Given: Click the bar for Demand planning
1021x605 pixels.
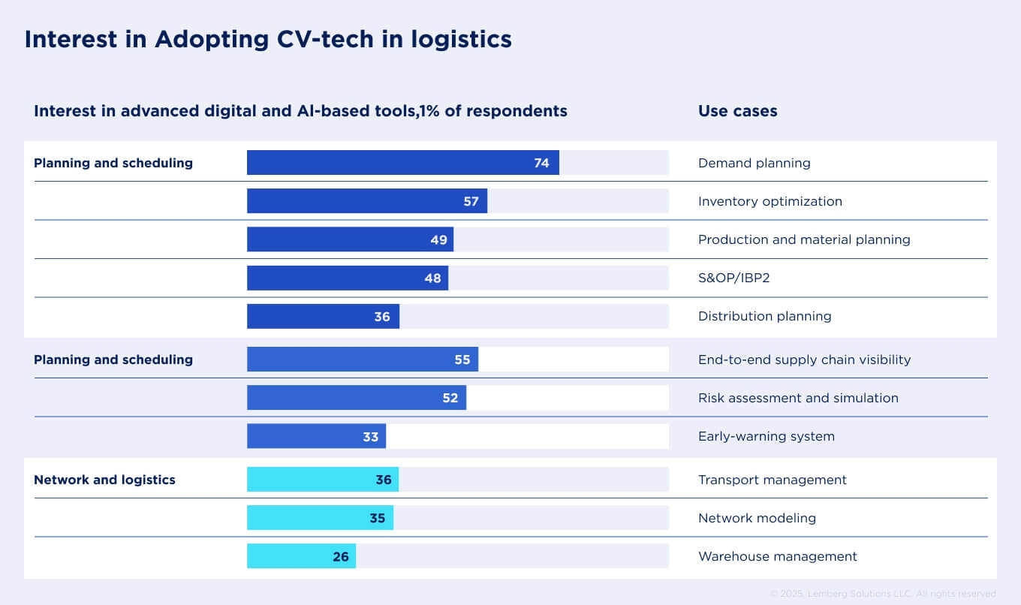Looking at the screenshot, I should coord(402,163).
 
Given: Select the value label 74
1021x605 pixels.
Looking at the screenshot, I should coord(541,163).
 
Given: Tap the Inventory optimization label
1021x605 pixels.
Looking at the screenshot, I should coord(770,201).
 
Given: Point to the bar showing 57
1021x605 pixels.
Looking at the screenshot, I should coord(366,201).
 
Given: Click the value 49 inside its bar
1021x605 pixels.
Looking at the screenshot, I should coord(438,239).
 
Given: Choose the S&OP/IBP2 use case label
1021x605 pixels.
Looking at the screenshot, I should coord(733,278).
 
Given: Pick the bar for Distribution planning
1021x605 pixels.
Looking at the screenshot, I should coord(323,316).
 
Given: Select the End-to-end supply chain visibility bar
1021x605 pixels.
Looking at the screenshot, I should coord(362,360).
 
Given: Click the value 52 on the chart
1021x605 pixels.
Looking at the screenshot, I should coord(450,398).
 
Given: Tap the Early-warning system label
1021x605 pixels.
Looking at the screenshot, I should coord(766,436).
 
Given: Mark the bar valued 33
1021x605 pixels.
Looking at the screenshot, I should coord(316,436).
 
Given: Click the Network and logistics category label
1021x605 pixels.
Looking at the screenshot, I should coord(104,480).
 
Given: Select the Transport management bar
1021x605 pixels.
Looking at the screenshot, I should coord(322,480).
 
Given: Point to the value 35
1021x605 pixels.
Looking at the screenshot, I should coord(377,518).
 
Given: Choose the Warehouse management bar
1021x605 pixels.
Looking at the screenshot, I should coord(301,556).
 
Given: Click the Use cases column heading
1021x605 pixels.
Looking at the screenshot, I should coord(737,111).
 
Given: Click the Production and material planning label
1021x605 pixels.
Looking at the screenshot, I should coord(804,239).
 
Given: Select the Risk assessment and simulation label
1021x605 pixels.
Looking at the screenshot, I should coord(798,398).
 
